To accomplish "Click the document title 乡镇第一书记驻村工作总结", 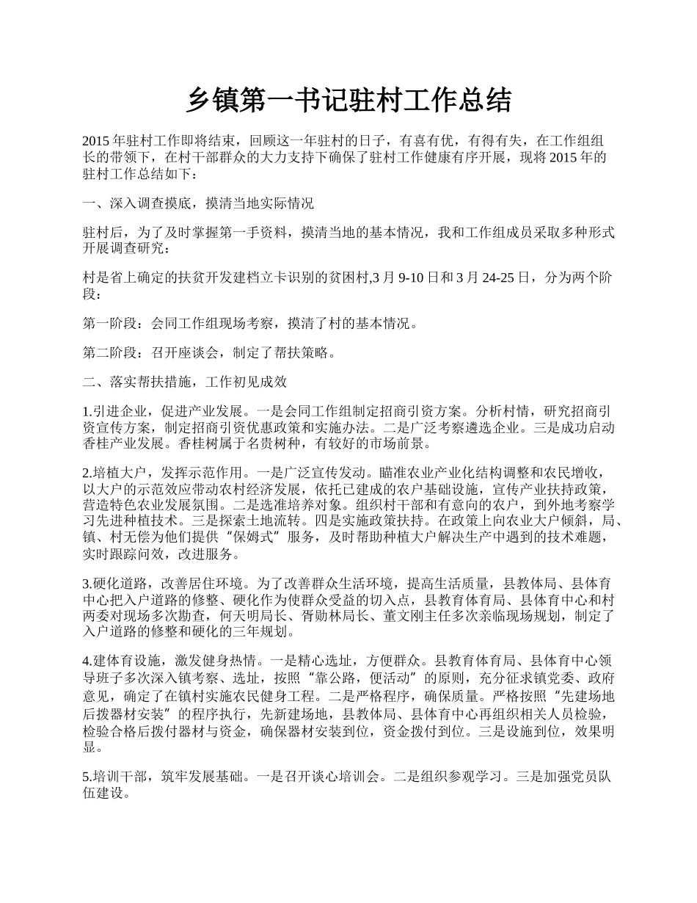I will point(348,101).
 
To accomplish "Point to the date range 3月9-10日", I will point(411,278).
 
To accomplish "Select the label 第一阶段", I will point(111,322).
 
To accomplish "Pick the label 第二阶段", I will point(111,352).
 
